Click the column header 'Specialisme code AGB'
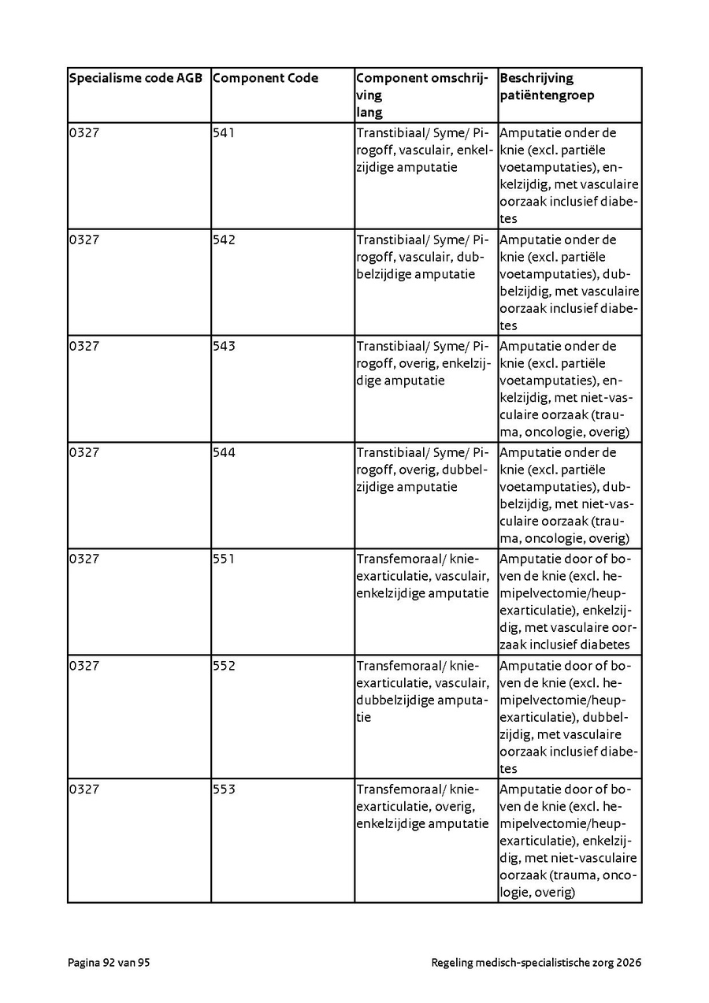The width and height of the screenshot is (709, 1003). coord(135,78)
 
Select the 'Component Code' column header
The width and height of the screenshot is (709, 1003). coord(265,78)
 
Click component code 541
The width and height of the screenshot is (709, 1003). coord(224,133)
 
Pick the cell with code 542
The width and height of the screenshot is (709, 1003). coord(224,240)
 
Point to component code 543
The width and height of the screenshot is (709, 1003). coord(224,346)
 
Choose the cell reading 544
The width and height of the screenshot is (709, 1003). coord(224,452)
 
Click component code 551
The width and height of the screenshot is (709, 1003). coord(224,559)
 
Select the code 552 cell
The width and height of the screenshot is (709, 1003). coord(224,666)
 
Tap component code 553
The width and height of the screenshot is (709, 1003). coord(224,789)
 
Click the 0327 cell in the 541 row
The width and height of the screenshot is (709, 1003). coord(84,133)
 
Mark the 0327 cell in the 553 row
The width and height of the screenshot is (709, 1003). coord(84,789)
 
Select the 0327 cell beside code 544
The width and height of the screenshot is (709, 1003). coord(84,452)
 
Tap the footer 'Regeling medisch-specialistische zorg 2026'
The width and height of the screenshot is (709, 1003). coord(536,962)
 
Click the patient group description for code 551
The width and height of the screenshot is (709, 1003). coord(569,601)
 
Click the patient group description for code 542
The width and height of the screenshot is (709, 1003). coord(569,282)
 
